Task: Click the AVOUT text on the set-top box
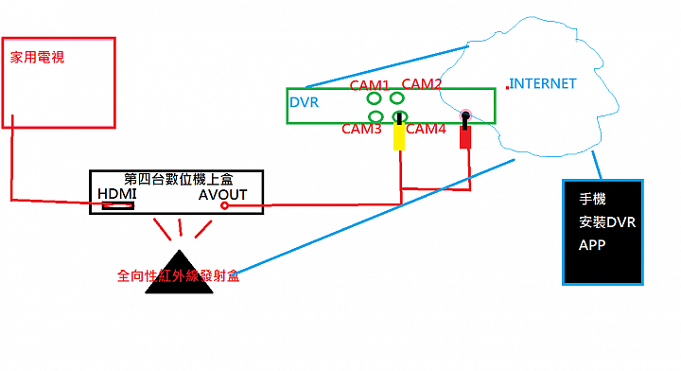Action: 222,194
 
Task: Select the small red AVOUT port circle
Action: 224,205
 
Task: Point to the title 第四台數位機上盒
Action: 175,178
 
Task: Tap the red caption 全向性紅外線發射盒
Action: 178,276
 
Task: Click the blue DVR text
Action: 303,102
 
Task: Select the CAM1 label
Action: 370,85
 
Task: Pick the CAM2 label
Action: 422,84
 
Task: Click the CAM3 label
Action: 360,129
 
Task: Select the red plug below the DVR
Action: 465,137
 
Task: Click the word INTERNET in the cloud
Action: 543,83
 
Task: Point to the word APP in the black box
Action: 592,244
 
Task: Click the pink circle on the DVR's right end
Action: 466,116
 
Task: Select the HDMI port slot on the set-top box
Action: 118,205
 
